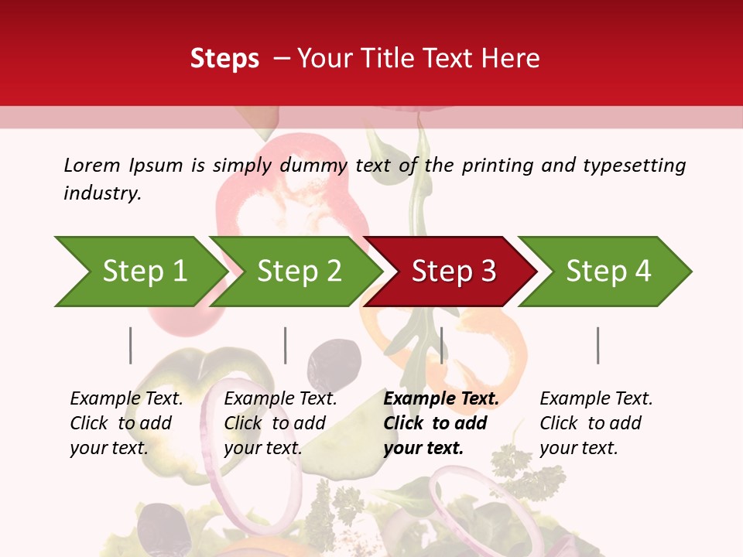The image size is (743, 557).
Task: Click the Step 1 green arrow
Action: click(x=143, y=272)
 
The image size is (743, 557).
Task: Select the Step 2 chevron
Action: click(x=298, y=272)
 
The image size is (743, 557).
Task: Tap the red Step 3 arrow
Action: click(x=453, y=272)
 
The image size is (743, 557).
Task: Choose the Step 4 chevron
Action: click(x=608, y=272)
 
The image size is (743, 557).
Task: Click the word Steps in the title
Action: click(x=224, y=58)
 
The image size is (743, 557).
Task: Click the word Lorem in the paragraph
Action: click(x=92, y=165)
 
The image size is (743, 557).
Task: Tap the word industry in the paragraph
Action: click(x=101, y=193)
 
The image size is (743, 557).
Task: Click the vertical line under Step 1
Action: click(x=131, y=345)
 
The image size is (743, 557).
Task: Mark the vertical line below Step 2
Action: click(x=286, y=345)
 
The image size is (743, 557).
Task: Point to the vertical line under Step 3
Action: click(x=441, y=345)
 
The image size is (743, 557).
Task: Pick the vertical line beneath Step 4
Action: click(x=597, y=345)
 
